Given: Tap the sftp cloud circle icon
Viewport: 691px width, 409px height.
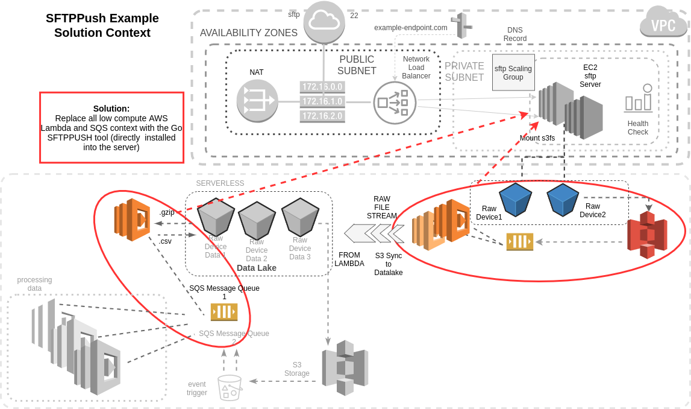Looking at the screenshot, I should [324, 22].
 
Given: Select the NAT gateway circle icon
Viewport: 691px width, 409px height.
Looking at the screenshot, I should [257, 100].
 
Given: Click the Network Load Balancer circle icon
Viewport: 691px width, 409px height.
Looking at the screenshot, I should [394, 103].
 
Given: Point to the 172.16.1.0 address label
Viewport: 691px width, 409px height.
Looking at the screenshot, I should [322, 101].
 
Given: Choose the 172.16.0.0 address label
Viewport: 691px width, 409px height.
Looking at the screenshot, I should [322, 87].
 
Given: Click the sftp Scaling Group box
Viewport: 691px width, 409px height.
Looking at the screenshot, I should [513, 72].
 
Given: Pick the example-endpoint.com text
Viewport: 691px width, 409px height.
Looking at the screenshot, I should [410, 28].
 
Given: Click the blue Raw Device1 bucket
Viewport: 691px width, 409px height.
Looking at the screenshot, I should [515, 200].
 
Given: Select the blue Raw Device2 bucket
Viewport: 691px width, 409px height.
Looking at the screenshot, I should [563, 200].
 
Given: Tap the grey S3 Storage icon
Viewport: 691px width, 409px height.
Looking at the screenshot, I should [344, 367].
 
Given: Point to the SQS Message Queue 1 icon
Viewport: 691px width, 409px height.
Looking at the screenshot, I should [224, 312].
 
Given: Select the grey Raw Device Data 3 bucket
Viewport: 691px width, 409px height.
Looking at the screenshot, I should [299, 217].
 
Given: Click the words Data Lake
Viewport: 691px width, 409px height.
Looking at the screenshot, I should [257, 268].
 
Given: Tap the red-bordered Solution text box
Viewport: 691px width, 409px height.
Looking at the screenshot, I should [111, 127].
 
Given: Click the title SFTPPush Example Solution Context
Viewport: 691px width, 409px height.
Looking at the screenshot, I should [102, 25].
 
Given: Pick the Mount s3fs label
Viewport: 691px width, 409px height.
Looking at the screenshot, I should [537, 138].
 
